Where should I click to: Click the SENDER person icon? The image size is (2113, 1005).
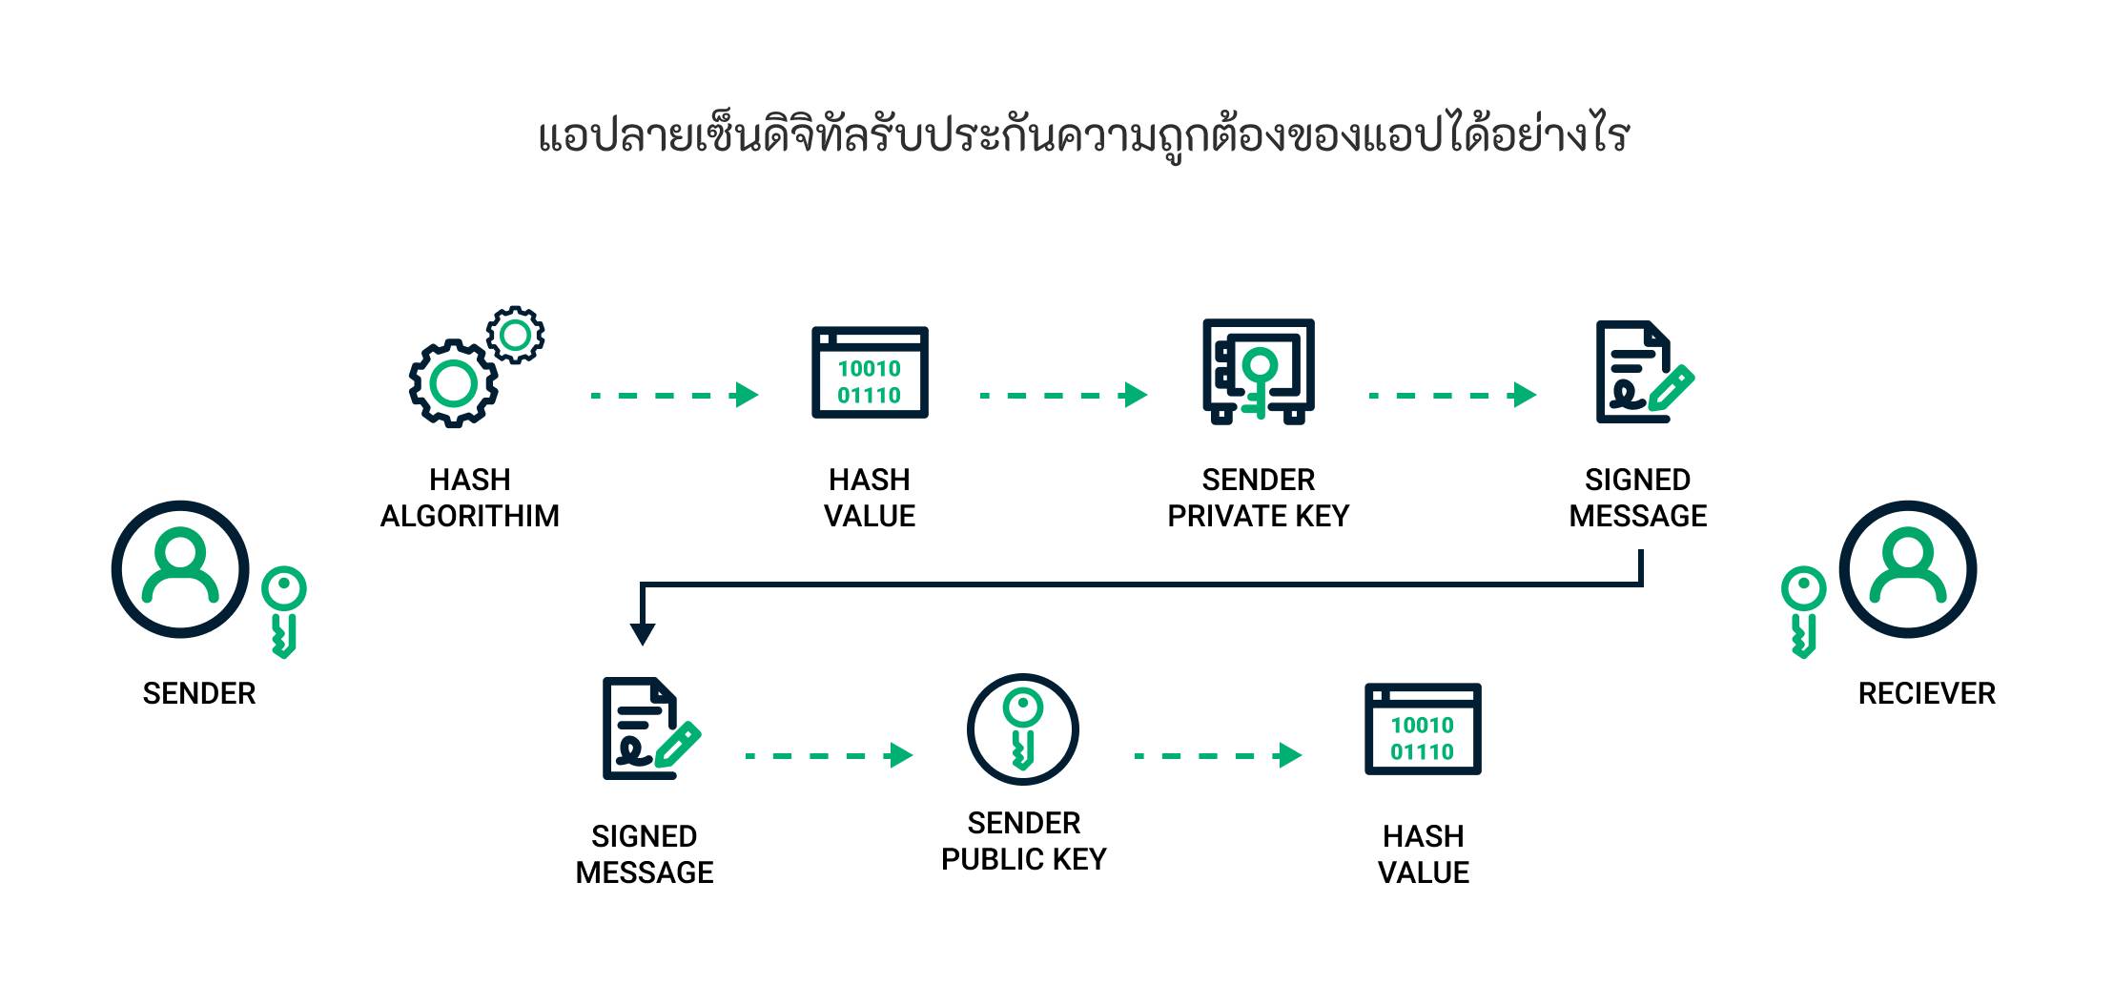click(180, 569)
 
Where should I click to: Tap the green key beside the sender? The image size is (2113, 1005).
click(283, 610)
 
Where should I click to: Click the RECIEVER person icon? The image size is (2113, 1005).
click(1907, 569)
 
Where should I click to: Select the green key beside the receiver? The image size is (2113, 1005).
click(1802, 610)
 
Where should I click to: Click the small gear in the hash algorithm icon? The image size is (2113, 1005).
click(515, 335)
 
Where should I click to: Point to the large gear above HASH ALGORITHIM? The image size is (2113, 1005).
click(454, 383)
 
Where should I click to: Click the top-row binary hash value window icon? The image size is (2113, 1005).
click(870, 373)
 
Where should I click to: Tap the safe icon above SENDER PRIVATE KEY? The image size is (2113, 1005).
click(1259, 371)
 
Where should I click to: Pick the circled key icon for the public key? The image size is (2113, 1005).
click(1022, 729)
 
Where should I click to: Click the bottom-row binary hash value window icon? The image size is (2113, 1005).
click(1423, 729)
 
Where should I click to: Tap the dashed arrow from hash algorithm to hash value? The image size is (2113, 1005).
click(674, 395)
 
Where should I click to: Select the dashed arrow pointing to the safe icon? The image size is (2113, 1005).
click(1063, 395)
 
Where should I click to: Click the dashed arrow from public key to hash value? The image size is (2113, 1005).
click(1218, 755)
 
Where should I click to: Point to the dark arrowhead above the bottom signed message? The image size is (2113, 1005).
click(643, 633)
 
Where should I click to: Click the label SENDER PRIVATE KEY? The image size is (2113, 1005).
click(1259, 498)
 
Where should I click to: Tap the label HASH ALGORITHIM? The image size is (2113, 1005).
click(470, 498)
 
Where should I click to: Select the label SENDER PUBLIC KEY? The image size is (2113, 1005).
click(1023, 841)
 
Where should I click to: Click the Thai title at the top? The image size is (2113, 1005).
click(1084, 136)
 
